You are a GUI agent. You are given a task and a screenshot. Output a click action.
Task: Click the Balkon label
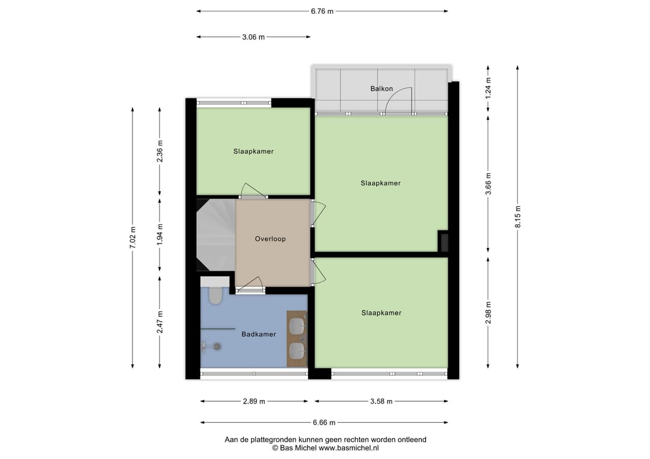(382, 88)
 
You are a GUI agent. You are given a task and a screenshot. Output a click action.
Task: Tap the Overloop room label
(270, 239)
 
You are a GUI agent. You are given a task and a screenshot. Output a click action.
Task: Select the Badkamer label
(259, 334)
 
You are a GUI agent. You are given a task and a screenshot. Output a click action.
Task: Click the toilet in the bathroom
(215, 295)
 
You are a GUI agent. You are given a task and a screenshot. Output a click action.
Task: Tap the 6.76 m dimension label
(322, 11)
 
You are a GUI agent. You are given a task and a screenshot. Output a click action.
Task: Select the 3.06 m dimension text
(253, 37)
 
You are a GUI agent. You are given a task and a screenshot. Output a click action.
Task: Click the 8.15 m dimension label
(518, 217)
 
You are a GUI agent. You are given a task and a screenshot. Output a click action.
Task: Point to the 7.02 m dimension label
(132, 238)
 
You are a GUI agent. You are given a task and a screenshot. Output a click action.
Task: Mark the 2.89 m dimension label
(254, 401)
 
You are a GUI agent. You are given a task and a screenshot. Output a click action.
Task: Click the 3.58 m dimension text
(381, 401)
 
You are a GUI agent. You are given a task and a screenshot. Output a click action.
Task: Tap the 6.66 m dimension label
(324, 423)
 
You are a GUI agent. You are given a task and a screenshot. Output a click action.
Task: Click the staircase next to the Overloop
(216, 235)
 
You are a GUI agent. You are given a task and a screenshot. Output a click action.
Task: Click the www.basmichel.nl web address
(348, 448)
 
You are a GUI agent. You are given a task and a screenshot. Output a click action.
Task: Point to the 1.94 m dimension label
(160, 235)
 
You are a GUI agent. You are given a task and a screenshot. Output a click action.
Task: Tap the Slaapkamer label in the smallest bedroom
(253, 152)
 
